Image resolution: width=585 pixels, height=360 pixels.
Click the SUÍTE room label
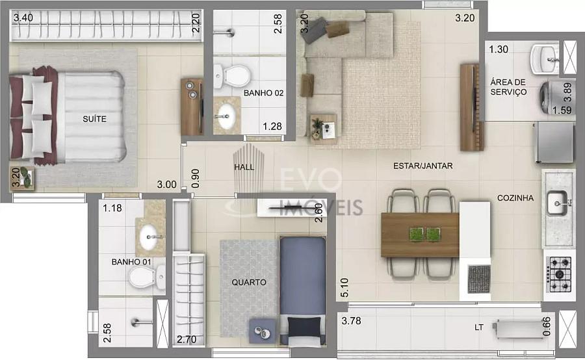coord(94,119)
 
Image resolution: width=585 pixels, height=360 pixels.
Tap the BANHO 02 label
coord(263,93)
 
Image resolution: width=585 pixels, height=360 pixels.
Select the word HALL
coord(244,167)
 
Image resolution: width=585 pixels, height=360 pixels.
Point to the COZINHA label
coord(515,198)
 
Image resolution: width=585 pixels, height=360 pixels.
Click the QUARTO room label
coord(249,283)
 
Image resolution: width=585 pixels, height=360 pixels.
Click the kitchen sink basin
coord(557,203)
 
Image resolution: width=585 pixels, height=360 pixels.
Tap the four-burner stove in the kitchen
coord(559,274)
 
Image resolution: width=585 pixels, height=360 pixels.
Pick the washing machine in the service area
coord(553,97)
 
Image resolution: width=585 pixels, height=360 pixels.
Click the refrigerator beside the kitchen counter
coord(554,142)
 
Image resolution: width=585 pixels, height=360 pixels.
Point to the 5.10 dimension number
coord(344,288)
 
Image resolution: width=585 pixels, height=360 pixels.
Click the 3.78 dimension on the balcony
coord(351,321)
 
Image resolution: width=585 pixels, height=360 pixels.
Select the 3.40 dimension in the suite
coord(23,18)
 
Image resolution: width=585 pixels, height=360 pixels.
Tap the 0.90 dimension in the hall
coord(195,178)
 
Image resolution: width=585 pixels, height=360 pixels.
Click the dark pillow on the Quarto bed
coord(304,326)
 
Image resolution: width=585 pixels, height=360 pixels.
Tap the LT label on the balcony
coord(478,328)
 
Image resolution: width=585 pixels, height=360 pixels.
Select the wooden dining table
coord(420,235)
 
